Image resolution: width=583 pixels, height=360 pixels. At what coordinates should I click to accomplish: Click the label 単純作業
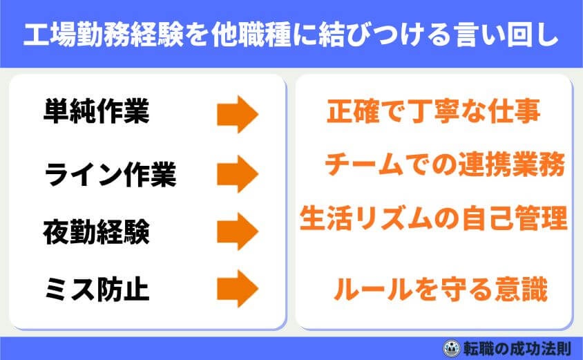tap(96, 113)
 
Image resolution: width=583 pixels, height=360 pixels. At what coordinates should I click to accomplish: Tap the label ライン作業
tap(111, 175)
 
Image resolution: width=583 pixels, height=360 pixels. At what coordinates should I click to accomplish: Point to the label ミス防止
tap(96, 289)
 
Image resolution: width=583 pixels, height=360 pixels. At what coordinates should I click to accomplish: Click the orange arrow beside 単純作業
tap(237, 114)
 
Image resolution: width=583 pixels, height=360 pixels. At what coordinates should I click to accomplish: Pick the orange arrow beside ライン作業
tap(237, 174)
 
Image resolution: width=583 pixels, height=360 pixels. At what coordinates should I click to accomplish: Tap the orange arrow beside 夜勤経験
tap(237, 231)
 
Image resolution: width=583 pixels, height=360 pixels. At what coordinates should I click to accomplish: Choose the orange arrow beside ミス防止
tap(237, 288)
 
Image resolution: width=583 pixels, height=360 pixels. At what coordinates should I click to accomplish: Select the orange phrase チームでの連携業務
tap(444, 166)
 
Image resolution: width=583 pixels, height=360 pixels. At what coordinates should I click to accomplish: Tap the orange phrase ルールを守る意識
tap(440, 290)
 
